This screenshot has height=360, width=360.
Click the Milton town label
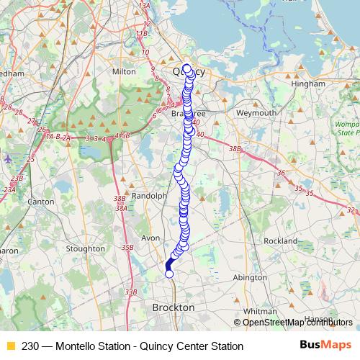(124, 72)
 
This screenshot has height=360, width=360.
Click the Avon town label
(150, 238)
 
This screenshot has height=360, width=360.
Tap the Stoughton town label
(86, 248)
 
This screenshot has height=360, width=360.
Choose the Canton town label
(40, 202)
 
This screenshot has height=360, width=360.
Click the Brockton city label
(174, 307)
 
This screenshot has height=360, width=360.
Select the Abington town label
(251, 276)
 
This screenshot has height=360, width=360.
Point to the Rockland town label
(281, 240)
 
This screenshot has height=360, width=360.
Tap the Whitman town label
(260, 310)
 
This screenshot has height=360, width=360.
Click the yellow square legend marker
(9, 346)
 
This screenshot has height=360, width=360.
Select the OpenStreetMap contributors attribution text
(293, 323)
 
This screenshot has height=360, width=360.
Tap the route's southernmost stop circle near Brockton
(169, 274)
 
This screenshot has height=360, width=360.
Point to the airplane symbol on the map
(8, 158)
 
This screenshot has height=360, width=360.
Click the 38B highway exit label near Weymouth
(234, 148)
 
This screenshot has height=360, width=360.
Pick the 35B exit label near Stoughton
(127, 248)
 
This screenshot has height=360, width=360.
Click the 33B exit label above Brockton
(130, 292)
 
